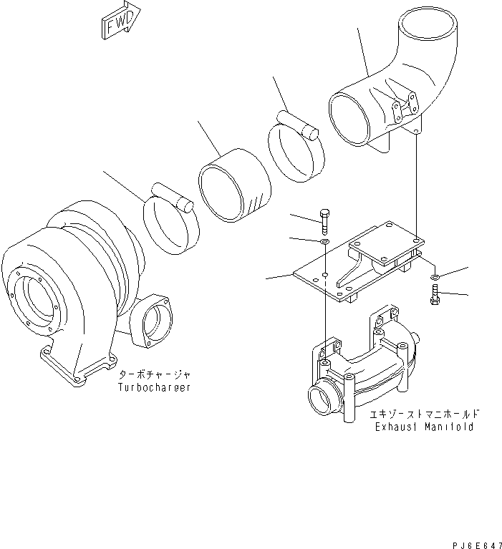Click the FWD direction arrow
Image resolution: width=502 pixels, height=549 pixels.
120,20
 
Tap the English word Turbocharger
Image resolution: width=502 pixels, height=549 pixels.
154,387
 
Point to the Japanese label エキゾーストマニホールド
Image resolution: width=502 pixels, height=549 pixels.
425,414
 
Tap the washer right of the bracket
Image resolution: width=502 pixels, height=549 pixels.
435,277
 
